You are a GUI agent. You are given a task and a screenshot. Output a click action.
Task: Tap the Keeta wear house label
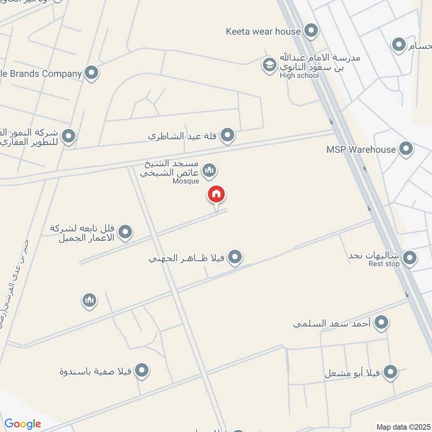pos(263,31)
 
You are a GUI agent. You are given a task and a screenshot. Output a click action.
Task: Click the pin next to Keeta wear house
pos(310,31)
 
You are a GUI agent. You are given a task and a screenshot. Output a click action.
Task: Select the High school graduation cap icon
pos(269,65)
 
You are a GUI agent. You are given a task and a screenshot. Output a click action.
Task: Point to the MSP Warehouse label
pos(361,149)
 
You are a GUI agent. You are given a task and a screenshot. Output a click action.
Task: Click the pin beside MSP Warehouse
pos(406,149)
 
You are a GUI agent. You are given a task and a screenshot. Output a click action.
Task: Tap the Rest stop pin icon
pos(409,258)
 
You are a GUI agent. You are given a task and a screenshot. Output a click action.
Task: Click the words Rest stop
pos(384,264)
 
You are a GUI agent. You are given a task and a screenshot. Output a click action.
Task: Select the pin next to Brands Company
pos(92,73)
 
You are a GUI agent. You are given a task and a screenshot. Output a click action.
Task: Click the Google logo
pos(23,424)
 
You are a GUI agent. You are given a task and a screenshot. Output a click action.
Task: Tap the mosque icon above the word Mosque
pos(210,171)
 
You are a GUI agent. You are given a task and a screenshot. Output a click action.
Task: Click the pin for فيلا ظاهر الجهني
pos(234,258)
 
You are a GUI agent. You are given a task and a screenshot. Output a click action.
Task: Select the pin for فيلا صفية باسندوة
pos(142,370)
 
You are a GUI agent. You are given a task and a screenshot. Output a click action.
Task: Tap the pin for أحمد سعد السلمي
pos(382,323)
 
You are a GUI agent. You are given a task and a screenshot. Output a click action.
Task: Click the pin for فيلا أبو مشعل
pos(390,372)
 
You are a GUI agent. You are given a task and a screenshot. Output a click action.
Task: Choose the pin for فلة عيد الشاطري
pos(228,135)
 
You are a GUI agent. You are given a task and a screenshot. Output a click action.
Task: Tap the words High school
pos(299,76)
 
